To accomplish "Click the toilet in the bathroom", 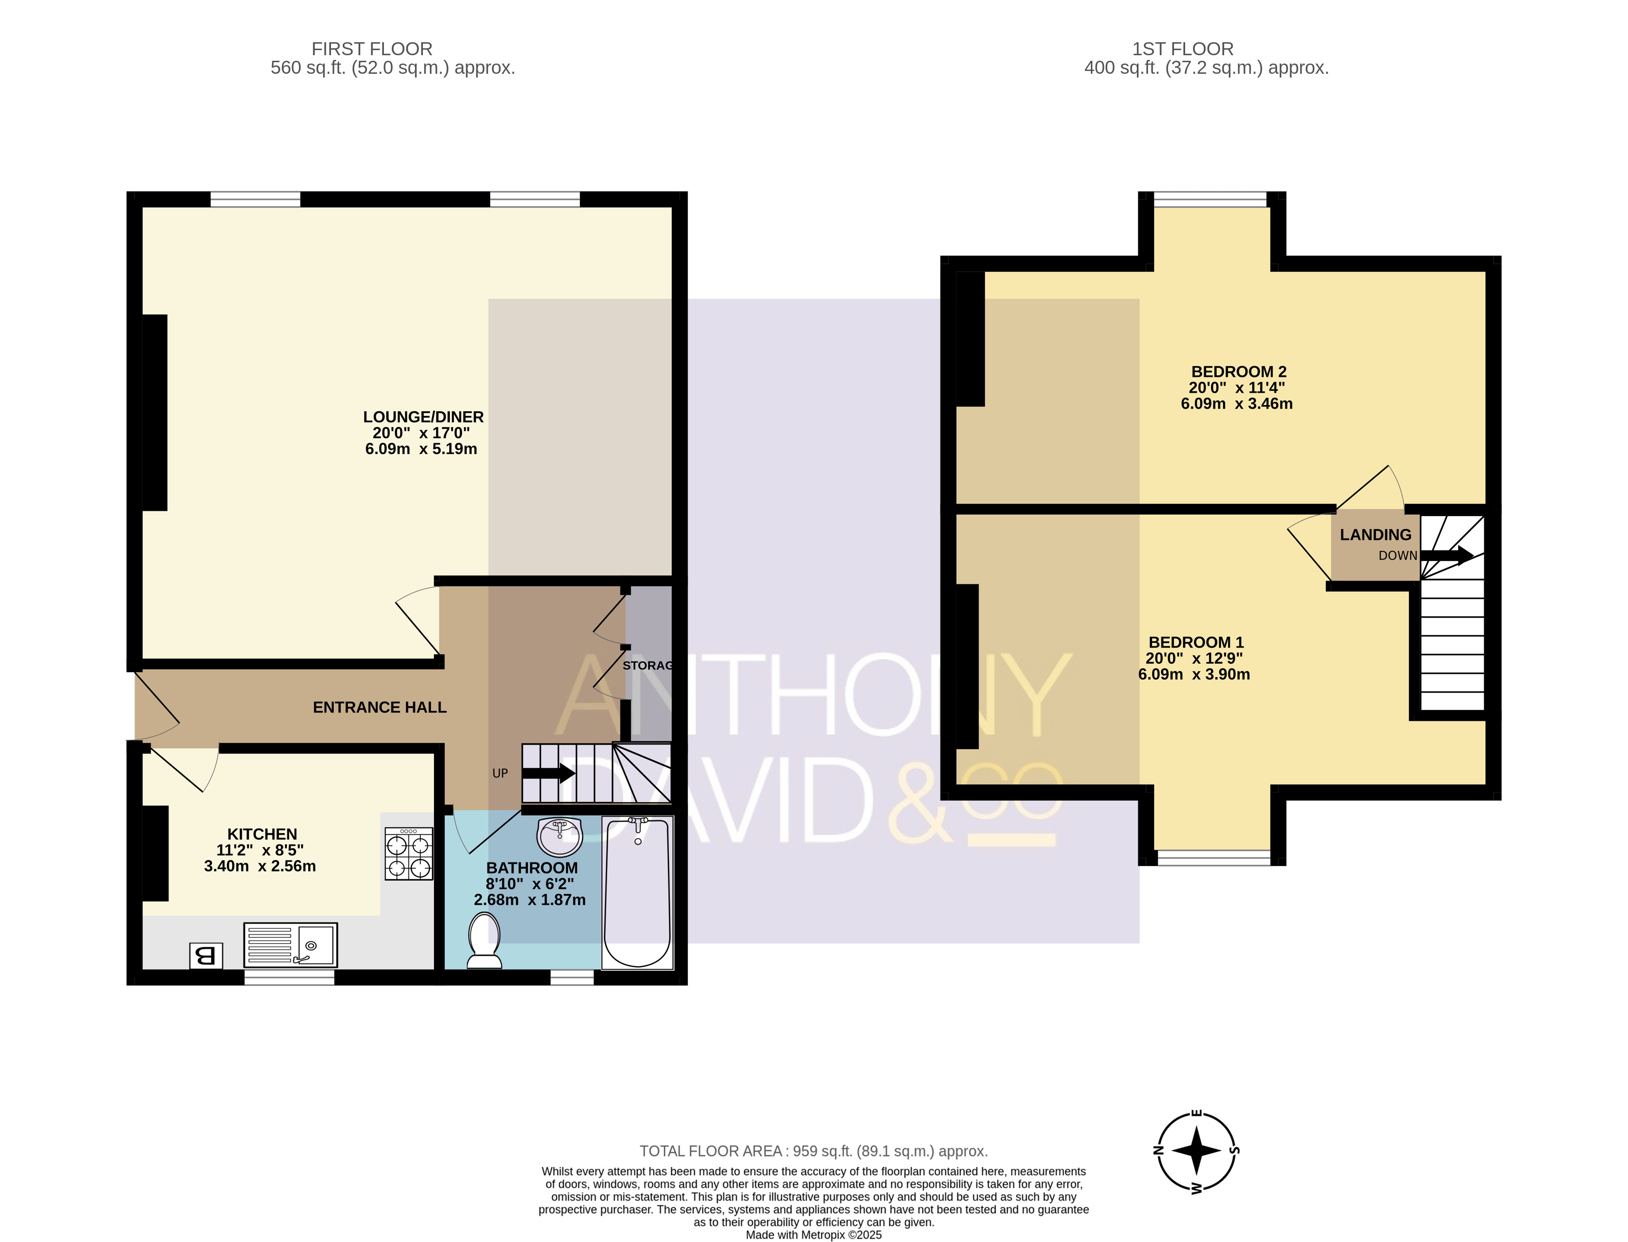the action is [485, 940].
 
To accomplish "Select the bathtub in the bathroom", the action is [637, 893].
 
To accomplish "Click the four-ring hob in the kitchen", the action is [409, 854].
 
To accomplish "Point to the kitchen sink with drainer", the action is [291, 945].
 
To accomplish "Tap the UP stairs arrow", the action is [549, 773].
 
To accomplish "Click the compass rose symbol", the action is [1197, 1151].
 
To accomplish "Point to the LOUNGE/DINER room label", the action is [423, 417].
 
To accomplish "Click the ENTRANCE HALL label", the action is [379, 707].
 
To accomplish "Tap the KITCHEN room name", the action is [262, 834].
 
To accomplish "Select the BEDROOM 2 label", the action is [1239, 372].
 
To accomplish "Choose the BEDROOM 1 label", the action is [1195, 642].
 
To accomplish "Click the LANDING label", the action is [1375, 535].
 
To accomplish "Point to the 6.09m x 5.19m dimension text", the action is [421, 449].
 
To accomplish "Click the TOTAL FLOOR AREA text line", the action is [813, 1151].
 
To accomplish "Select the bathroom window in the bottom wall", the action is [572, 977].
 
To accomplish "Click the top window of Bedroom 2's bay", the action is [1210, 199].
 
